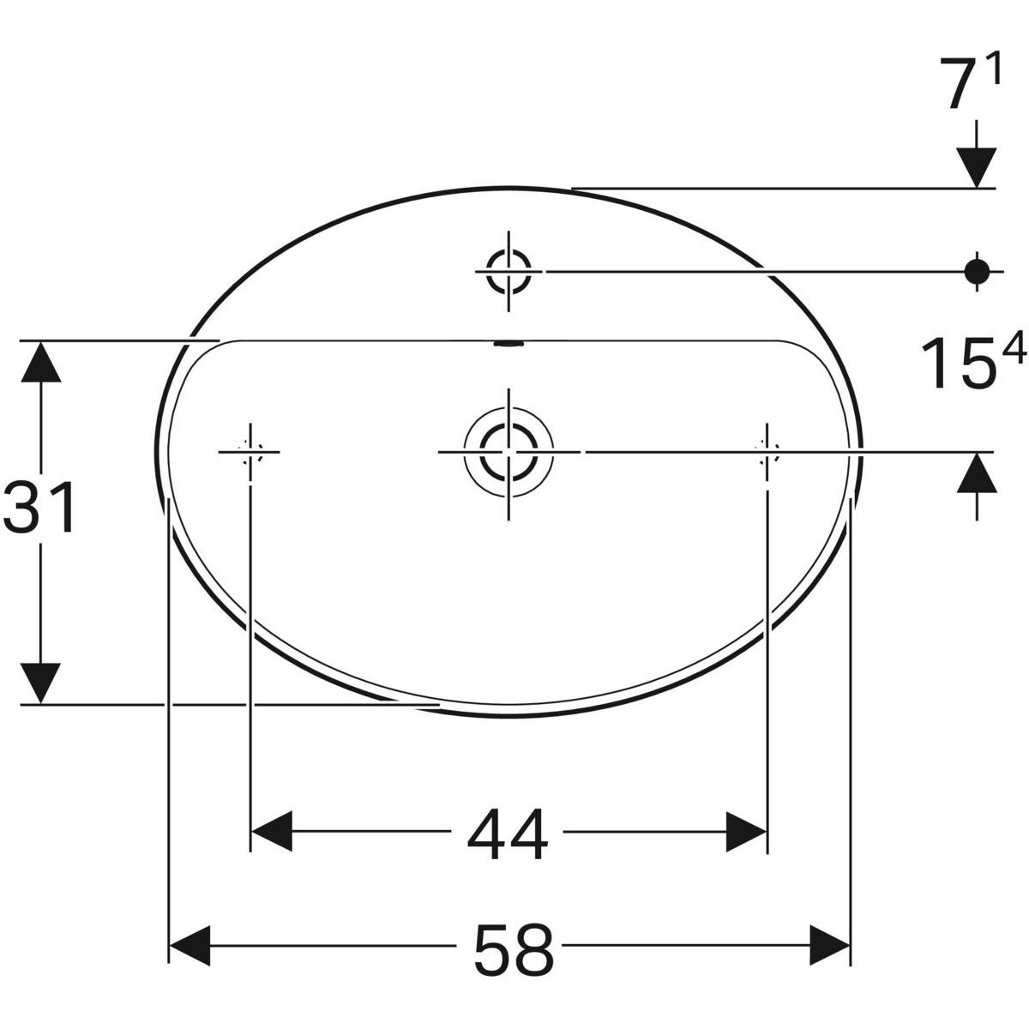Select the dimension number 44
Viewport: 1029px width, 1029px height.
click(x=508, y=835)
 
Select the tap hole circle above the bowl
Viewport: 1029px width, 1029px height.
click(x=508, y=271)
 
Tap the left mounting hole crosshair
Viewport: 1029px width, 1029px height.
click(x=250, y=451)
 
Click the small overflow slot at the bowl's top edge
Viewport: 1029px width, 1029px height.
click(x=508, y=345)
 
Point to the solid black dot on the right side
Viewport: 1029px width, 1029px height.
click(x=976, y=271)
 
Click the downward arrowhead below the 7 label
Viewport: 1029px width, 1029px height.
click(x=976, y=166)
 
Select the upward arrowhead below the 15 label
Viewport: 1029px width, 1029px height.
click(x=976, y=473)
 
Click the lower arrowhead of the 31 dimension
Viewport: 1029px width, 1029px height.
click(x=40, y=683)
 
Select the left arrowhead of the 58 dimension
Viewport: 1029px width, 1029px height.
click(x=190, y=945)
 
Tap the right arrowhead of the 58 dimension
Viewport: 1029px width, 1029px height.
click(x=828, y=945)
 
